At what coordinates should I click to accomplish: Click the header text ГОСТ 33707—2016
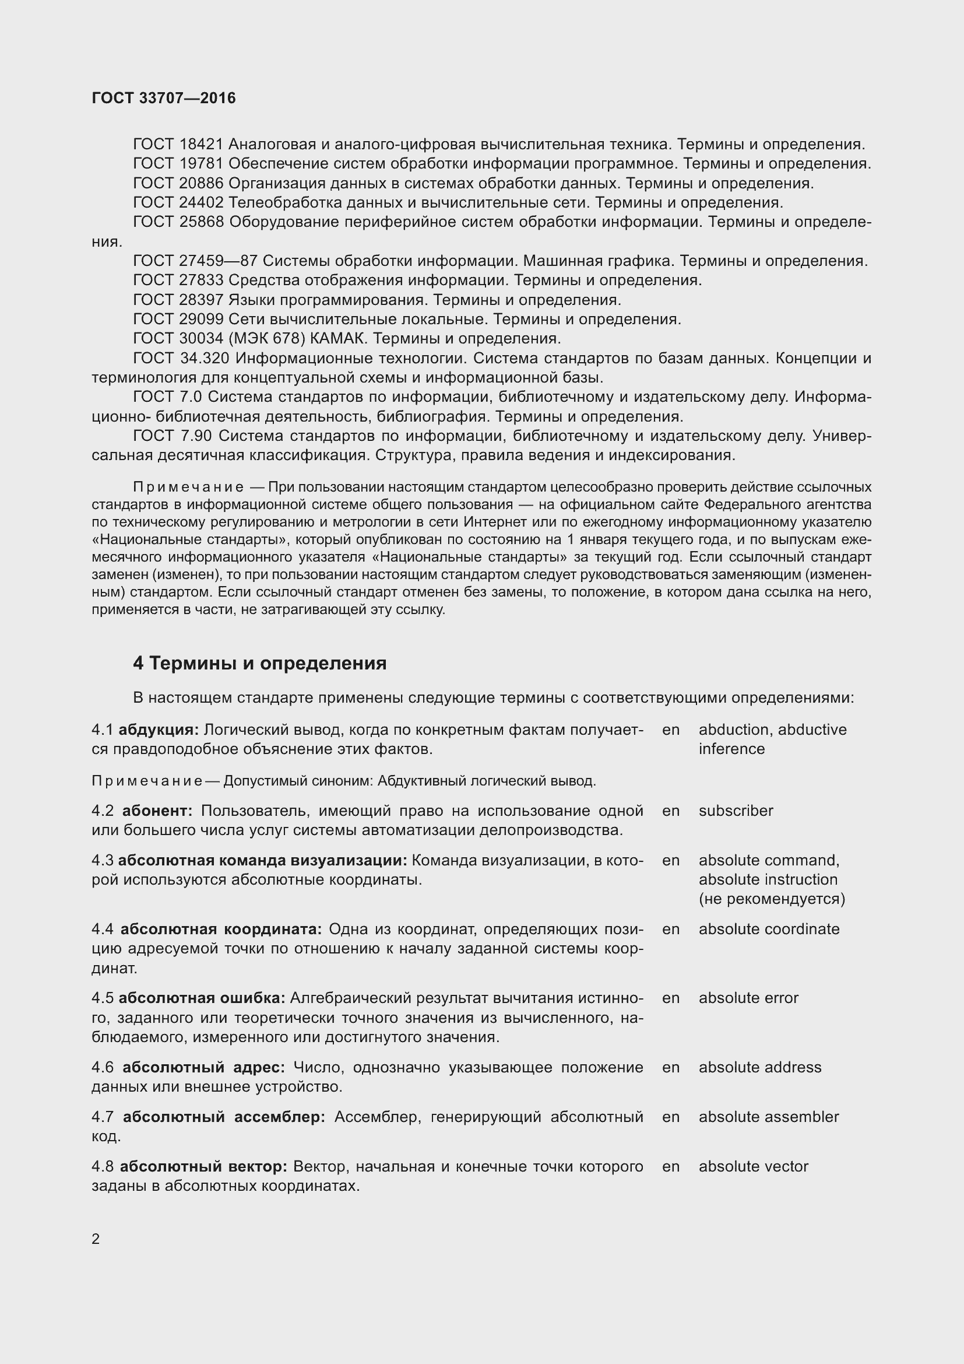[x=164, y=98]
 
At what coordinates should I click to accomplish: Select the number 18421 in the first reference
[x=200, y=145]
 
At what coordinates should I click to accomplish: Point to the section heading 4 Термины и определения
[x=259, y=663]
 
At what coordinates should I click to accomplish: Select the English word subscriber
[x=736, y=811]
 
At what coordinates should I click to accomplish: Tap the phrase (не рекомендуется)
[x=772, y=899]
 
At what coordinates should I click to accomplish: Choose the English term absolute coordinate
[x=769, y=929]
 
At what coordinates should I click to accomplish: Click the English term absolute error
[x=748, y=998]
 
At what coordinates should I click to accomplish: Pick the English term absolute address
[x=760, y=1068]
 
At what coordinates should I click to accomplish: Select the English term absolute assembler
[x=769, y=1117]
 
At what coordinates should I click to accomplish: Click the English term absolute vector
[x=753, y=1166]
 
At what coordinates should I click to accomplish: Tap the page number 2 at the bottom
[x=96, y=1239]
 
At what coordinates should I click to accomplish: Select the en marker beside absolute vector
[x=671, y=1166]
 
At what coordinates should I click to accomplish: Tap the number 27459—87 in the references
[x=218, y=261]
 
